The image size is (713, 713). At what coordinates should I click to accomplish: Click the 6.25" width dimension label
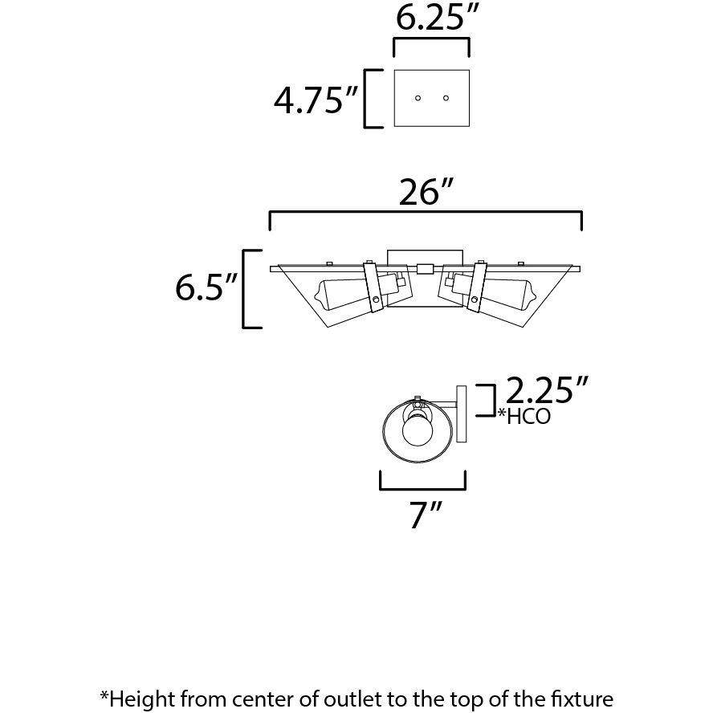[x=431, y=18]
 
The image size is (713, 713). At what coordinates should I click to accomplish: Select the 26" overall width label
[x=426, y=193]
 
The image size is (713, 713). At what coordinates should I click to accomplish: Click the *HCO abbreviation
[x=525, y=418]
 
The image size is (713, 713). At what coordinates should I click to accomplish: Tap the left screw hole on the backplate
[x=418, y=99]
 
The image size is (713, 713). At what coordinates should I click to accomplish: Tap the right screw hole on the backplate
[x=446, y=99]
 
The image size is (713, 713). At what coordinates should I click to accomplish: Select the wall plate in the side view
[x=461, y=414]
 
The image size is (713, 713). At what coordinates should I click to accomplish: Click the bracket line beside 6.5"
[x=246, y=288]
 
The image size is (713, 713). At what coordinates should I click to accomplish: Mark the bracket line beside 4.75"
[x=368, y=99]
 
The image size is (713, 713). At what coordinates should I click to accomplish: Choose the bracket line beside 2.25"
[x=487, y=400]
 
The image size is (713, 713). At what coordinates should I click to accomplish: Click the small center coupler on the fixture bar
[x=425, y=268]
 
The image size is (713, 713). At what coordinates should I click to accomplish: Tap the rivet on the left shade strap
[x=376, y=299]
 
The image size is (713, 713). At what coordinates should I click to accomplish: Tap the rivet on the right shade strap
[x=475, y=299]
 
